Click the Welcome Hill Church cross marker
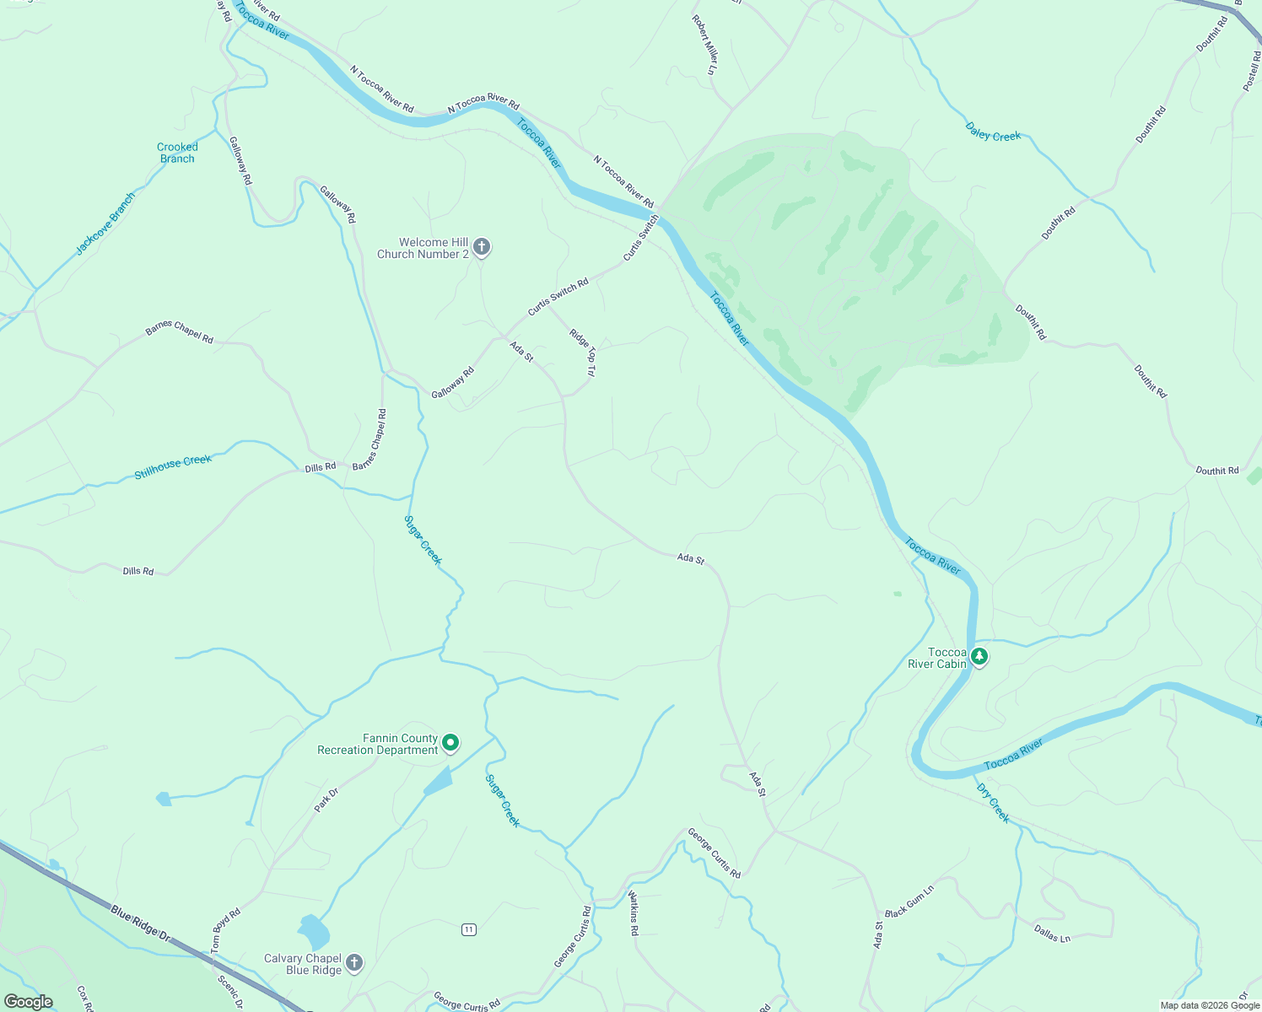point(481,247)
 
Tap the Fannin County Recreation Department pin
point(450,743)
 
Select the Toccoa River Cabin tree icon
point(979,655)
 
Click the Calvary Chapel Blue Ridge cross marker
point(354,962)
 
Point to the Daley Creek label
point(993,132)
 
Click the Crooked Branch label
point(177,153)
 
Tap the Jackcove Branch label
point(105,224)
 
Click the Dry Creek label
point(993,803)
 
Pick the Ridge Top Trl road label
point(582,353)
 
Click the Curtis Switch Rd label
point(558,298)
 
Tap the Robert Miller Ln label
point(704,45)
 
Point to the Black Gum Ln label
point(909,902)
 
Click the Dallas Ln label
point(1052,933)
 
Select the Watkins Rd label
point(634,913)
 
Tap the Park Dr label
point(326,799)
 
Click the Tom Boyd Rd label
point(225,930)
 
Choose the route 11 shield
point(469,929)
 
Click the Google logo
point(29,1002)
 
